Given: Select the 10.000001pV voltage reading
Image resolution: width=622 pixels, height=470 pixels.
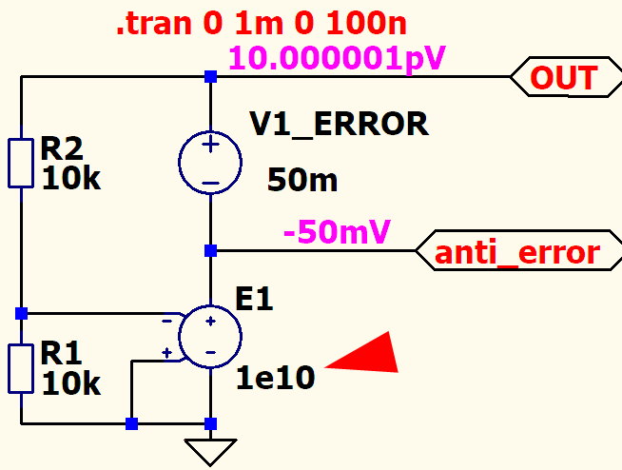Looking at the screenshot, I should point(337,59).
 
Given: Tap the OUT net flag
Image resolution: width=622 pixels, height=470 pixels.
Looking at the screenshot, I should point(563,78).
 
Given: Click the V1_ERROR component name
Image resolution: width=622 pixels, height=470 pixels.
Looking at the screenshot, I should point(339,124).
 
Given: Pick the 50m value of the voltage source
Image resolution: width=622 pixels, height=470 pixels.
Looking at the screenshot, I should point(302,179).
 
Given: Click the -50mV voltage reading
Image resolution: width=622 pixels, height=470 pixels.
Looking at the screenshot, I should point(339,231).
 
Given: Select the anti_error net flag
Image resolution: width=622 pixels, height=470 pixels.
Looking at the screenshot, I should point(516,252).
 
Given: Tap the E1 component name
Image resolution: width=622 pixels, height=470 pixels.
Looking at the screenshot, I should point(254,300).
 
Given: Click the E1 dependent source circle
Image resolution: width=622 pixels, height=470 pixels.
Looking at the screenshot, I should point(210,337).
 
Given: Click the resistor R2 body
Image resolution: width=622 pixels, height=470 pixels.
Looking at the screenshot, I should point(20,163).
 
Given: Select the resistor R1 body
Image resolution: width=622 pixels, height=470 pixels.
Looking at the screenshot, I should point(20,368).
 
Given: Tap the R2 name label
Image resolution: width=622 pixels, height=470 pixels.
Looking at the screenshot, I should point(62,149).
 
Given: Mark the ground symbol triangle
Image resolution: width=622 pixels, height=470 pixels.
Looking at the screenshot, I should point(210,450).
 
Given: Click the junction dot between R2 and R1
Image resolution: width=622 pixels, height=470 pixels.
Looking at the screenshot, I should point(21,313).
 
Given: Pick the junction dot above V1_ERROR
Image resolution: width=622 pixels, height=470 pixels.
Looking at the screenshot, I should point(210,76).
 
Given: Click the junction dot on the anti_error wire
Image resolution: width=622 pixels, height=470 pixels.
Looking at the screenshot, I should point(210,251).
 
